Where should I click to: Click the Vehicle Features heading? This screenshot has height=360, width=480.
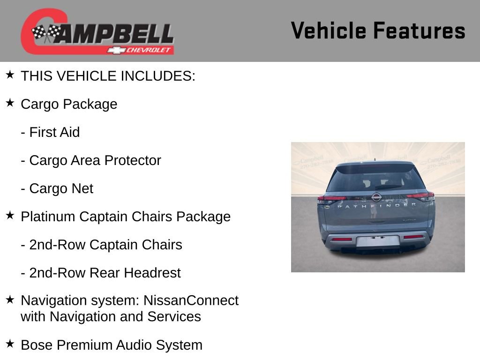pos(378,31)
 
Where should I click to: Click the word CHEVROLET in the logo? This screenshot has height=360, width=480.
pos(149,50)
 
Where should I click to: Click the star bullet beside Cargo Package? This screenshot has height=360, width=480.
pos(10,103)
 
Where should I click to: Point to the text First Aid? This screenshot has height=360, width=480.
pos(54,132)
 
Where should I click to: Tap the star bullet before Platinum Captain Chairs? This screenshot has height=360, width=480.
pos(10,216)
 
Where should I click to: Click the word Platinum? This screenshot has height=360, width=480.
pos(48,217)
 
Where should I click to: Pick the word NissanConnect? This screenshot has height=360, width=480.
pos(191,300)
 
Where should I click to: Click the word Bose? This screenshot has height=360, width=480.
pos(37,345)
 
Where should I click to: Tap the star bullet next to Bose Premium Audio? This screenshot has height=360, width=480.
pos(10,344)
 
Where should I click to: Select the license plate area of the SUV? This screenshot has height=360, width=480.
pos(378,241)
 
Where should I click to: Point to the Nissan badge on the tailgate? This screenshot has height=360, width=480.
pos(376,197)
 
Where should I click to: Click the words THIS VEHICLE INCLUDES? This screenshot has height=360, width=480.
pos(108,76)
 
